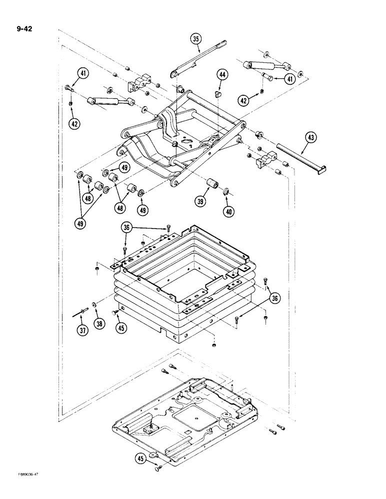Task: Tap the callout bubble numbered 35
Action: (196, 39)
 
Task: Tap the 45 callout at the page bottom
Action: (140, 458)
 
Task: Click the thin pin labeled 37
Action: (79, 312)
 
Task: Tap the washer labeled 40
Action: (226, 190)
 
